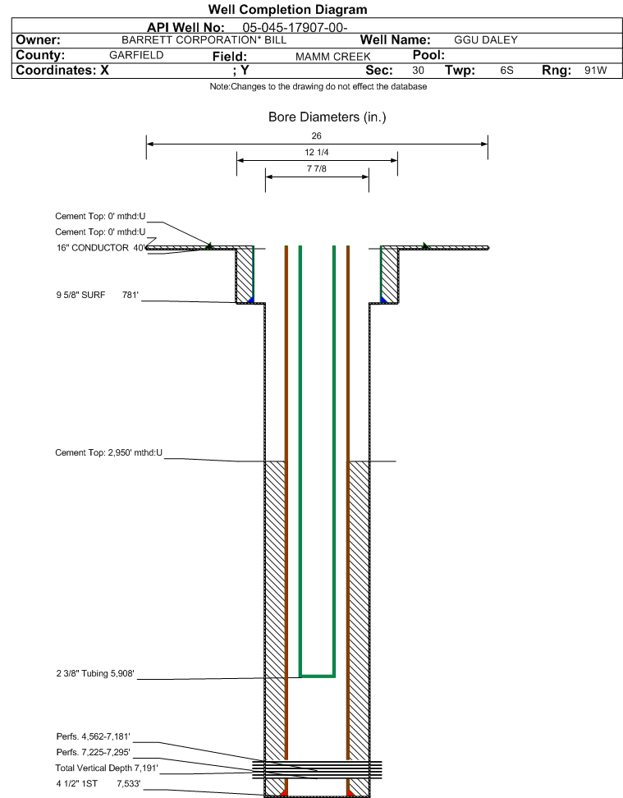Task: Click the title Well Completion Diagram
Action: coord(287,10)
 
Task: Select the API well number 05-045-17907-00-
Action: coord(295,27)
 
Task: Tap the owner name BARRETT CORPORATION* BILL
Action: coord(204,40)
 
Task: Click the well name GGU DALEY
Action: coord(486,40)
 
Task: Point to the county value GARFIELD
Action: coord(136,55)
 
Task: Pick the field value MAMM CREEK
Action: coord(333,57)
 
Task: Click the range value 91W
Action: coord(596,71)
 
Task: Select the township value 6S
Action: coord(507,71)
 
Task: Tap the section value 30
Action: coord(418,71)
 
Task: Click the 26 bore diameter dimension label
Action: coord(317,136)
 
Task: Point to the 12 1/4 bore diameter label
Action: coord(317,152)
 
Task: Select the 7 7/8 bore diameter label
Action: coord(317,168)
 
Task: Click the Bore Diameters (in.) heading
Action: coord(328,117)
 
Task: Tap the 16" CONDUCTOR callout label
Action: coord(101,248)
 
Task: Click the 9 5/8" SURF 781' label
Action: coord(97,295)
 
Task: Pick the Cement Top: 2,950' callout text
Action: coord(109,452)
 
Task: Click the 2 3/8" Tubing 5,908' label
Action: coord(95,673)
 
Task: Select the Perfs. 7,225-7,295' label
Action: coord(93,752)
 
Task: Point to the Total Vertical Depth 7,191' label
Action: coord(107,768)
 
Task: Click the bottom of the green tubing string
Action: coord(317,676)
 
